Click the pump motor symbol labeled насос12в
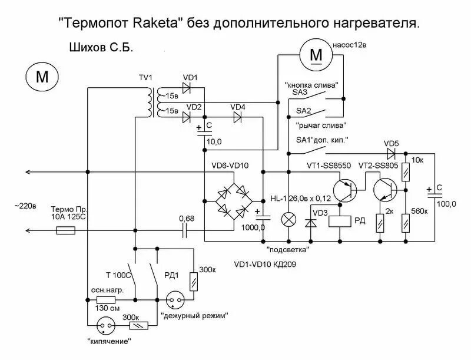[316, 55]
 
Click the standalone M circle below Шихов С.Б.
[41, 77]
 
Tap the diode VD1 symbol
[188, 88]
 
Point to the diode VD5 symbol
[389, 153]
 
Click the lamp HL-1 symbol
[288, 220]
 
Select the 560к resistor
[404, 223]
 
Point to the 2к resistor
[380, 223]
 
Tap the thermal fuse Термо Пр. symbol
[65, 232]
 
